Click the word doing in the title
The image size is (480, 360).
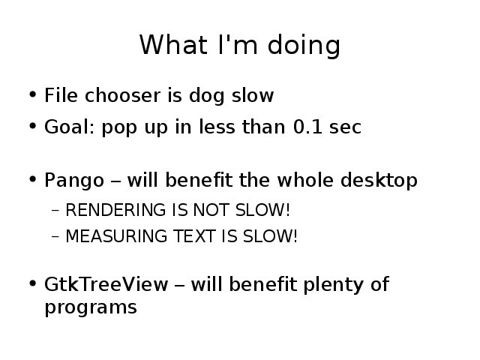(x=304, y=45)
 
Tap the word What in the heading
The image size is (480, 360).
(x=173, y=45)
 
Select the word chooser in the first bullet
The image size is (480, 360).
(x=122, y=95)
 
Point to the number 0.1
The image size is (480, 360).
(x=307, y=127)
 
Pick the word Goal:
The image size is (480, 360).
(x=69, y=127)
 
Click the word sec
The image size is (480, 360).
(x=345, y=128)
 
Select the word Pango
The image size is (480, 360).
(x=74, y=181)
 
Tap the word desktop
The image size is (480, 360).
(x=379, y=180)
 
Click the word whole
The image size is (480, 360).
(x=305, y=179)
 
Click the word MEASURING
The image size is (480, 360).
(x=115, y=236)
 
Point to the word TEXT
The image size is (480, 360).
(x=194, y=236)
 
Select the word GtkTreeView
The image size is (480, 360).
(x=106, y=284)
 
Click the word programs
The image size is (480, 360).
(x=91, y=307)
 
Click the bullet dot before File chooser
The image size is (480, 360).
(x=33, y=94)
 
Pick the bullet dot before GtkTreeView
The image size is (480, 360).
(x=33, y=283)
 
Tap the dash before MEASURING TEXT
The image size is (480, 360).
(x=55, y=237)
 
